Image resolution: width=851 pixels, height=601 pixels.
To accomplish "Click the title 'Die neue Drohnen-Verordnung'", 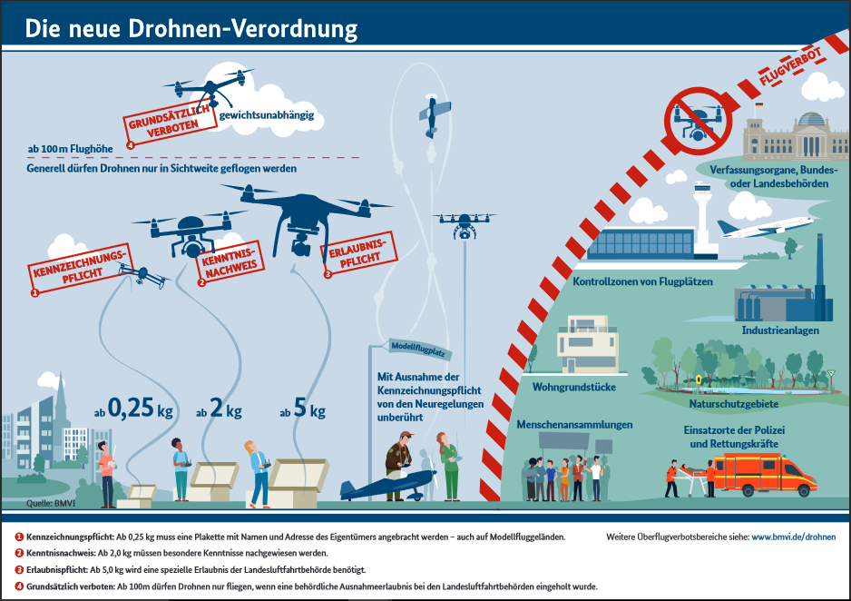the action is [x=191, y=29].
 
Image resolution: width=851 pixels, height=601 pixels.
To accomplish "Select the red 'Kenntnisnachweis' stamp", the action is [x=230, y=262].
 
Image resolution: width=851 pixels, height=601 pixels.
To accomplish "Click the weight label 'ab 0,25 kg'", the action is [x=133, y=409].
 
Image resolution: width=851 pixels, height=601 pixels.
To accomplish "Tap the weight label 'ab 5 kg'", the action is [x=302, y=409].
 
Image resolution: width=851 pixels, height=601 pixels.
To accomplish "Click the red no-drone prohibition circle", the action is [x=698, y=121].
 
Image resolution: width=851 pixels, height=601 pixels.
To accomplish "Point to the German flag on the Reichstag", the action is [x=758, y=104].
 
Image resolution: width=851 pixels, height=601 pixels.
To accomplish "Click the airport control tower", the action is [x=702, y=217].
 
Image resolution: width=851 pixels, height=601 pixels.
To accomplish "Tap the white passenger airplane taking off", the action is [x=764, y=228].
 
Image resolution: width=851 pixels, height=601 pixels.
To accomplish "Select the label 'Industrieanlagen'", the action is [x=780, y=330].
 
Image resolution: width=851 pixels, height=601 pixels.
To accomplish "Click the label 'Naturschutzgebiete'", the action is [x=734, y=404].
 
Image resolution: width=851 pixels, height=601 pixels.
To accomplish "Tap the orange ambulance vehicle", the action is [x=765, y=475].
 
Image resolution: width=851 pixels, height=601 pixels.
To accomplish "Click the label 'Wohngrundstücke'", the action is [x=573, y=387].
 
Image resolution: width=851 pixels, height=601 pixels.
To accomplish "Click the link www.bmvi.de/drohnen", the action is [x=794, y=537].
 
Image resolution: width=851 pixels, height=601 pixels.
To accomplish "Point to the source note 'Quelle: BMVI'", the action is [x=51, y=503].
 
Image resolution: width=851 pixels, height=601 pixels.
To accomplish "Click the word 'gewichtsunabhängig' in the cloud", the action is [x=267, y=115].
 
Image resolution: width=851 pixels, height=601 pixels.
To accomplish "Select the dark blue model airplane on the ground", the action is [x=388, y=485].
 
